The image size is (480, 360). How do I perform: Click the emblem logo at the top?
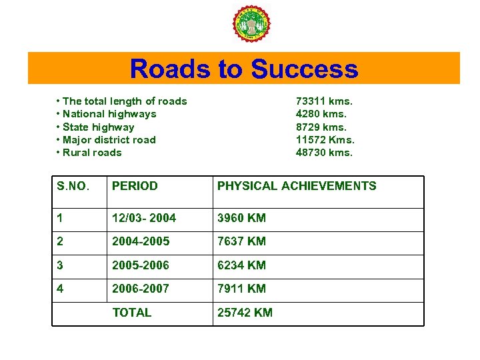point(251,25)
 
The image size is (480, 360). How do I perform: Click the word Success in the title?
point(305,69)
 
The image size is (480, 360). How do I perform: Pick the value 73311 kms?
point(324,101)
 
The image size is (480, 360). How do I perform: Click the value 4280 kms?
point(321,114)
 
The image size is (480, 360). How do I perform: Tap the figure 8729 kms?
point(321,127)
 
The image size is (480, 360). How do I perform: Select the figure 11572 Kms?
point(325,140)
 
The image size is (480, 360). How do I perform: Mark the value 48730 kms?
point(324,153)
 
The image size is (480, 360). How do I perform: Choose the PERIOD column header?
point(135,187)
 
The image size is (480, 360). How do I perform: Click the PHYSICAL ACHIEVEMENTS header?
point(297,187)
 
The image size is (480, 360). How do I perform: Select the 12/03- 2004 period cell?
point(144,219)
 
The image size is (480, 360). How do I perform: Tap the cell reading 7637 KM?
point(241,241)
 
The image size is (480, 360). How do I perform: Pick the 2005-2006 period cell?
point(141,265)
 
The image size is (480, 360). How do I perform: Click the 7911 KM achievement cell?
point(241,289)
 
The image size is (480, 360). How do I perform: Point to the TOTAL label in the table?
point(132,313)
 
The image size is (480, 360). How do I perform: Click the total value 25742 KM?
point(245,313)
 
